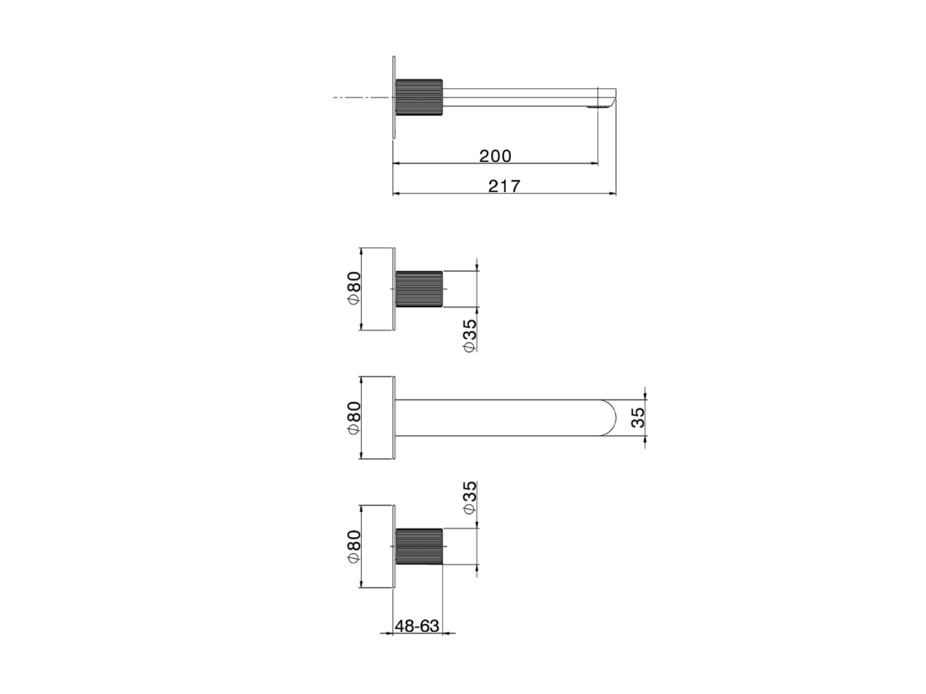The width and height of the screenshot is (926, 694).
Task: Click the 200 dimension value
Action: (x=495, y=156)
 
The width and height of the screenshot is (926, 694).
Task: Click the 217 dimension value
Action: (x=504, y=187)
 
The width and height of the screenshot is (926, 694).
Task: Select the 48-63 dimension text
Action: (x=417, y=638)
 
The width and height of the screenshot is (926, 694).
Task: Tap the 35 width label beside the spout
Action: (x=638, y=417)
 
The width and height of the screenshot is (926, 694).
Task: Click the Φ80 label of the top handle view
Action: (x=354, y=288)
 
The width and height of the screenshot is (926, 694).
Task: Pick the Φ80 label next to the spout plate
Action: (x=354, y=417)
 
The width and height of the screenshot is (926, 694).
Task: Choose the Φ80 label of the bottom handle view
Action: (x=354, y=546)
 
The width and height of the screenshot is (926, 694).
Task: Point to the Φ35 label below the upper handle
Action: (x=470, y=335)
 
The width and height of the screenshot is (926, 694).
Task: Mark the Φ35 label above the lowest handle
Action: (x=470, y=497)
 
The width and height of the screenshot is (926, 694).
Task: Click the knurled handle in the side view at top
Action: (x=419, y=98)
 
